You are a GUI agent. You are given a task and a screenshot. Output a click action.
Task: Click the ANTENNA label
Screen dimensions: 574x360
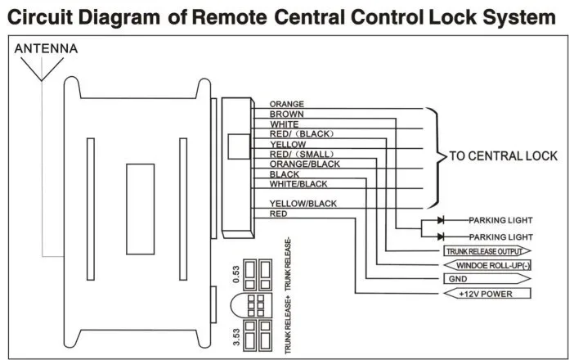pos(46,48)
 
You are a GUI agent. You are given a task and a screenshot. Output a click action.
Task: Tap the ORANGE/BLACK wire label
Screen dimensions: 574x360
pos(304,164)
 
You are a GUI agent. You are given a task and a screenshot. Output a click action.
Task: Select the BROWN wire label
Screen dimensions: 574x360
pos(287,115)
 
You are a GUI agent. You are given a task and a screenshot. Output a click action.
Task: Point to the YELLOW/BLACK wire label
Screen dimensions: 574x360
pos(303,204)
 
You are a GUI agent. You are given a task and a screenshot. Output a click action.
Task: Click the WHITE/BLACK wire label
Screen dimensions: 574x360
pos(298,184)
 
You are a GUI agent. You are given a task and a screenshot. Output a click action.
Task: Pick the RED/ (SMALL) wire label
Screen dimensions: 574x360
pos(302,154)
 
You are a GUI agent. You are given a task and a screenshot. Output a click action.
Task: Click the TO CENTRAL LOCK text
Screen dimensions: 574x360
pos(504,156)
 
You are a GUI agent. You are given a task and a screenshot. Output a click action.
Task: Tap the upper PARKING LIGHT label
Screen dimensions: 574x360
pos(500,220)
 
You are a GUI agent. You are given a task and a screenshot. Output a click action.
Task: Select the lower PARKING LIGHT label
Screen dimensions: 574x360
pos(500,237)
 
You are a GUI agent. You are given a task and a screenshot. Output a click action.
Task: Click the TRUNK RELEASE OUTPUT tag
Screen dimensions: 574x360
pos(487,251)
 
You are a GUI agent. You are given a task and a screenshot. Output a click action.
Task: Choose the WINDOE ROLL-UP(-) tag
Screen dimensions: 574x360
pos(487,265)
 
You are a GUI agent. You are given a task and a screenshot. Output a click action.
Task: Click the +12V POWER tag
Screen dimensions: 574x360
pos(487,294)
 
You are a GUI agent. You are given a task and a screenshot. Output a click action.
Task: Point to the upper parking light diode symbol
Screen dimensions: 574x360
pos(441,220)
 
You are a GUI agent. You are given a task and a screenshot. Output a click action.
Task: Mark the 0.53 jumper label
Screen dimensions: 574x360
pos(236,274)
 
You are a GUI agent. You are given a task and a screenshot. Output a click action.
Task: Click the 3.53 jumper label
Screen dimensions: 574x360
pos(236,337)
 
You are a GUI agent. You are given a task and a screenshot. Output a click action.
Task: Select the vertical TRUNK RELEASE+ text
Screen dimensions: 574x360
pos(288,326)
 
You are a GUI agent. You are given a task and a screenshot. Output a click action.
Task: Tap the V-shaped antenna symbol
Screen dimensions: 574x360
pos(42,69)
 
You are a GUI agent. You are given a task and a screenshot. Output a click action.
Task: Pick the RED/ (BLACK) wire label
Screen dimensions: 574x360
pos(302,134)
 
